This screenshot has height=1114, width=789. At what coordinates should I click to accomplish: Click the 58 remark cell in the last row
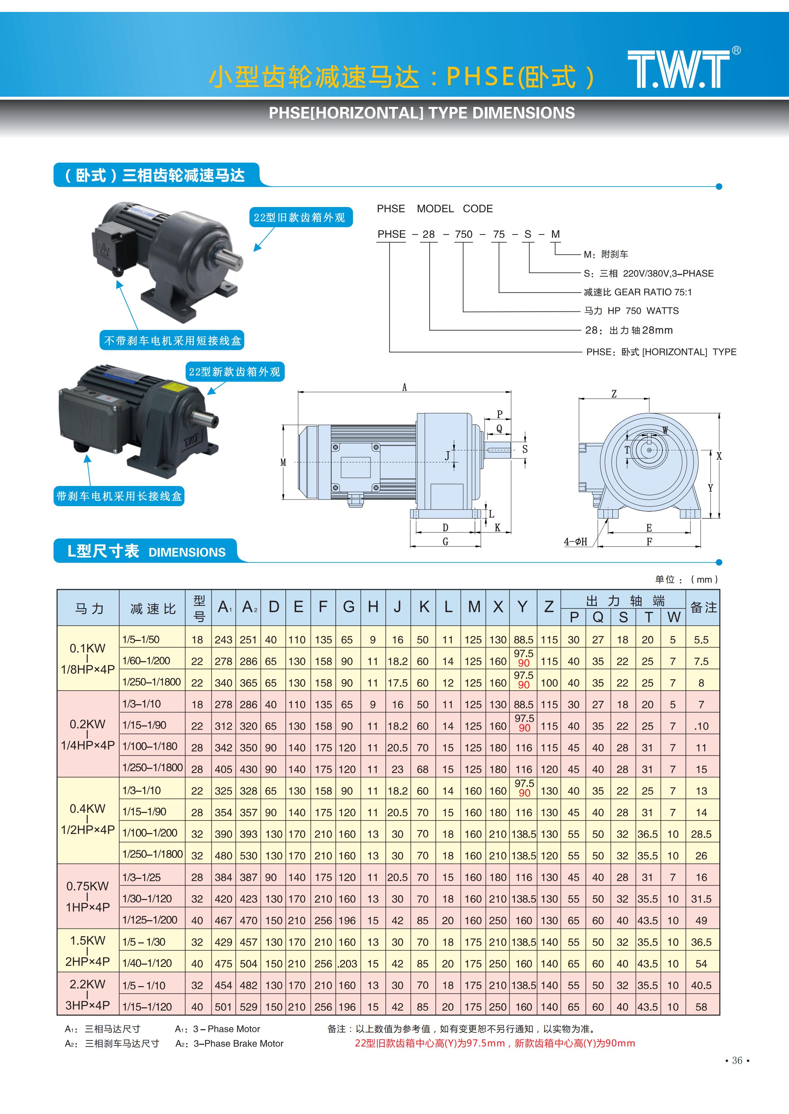point(701,1007)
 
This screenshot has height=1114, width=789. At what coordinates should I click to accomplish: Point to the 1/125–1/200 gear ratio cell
point(150,920)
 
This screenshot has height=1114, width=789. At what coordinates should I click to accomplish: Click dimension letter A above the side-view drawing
point(404,387)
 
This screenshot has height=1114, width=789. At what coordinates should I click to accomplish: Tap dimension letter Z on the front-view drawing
point(614,394)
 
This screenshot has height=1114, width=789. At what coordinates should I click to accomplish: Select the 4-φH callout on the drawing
point(575,542)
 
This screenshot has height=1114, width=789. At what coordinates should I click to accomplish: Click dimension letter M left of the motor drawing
point(283,462)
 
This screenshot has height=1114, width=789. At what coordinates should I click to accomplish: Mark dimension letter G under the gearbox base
point(445,542)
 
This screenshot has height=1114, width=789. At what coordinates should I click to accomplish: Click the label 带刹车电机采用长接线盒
point(119,496)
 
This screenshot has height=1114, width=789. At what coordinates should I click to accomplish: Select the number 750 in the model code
point(464,234)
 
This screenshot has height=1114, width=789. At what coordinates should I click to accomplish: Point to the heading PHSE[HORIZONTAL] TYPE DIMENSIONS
point(422,113)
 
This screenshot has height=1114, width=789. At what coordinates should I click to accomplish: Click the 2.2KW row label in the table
point(87,994)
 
